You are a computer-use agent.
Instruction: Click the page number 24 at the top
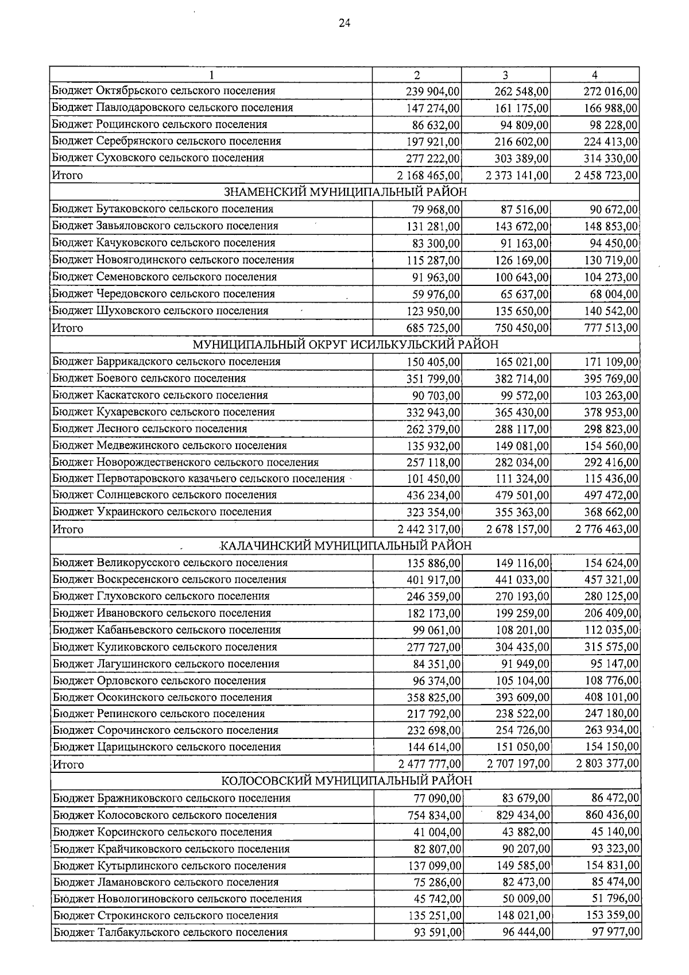pos(344,24)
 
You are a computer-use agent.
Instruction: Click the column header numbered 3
pos(505,75)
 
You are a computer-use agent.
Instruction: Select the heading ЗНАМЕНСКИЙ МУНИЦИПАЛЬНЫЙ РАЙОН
pos(344,192)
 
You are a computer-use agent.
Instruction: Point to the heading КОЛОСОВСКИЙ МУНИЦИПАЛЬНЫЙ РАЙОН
pos(347,781)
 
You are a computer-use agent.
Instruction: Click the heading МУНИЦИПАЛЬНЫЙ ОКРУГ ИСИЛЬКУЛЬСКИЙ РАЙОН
pos(345,345)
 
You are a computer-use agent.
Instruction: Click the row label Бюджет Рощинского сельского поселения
pos(160,125)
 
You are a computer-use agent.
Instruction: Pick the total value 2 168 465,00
pos(424,175)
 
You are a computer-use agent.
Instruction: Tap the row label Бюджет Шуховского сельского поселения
pos(160,311)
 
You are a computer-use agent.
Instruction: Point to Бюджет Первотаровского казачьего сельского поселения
pos(199,478)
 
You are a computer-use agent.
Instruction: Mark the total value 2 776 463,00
pos(607,529)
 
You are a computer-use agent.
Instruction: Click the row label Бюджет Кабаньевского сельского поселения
pos(167,630)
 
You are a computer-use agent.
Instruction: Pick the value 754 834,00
pos(434,815)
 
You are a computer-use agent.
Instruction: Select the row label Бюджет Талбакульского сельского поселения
pos(171,932)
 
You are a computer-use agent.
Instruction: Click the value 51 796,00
pos(616,899)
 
